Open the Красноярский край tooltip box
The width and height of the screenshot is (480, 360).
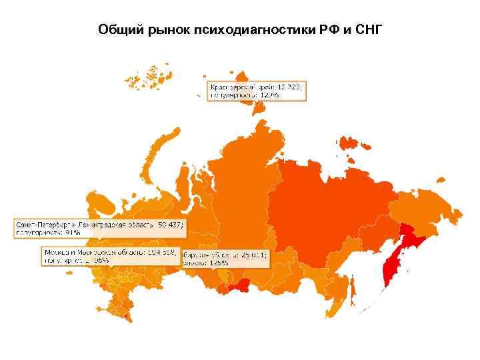click(x=255, y=91)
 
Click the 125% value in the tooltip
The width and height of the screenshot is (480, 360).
click(x=220, y=262)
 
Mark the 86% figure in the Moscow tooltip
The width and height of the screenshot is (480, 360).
click(x=104, y=261)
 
